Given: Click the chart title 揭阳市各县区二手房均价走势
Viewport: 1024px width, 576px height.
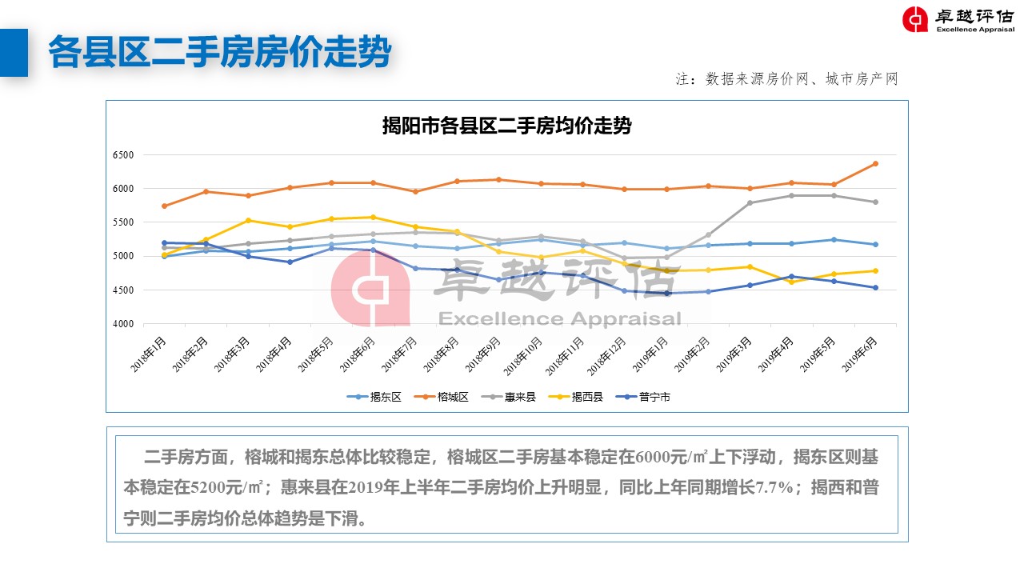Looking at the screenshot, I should (x=506, y=126).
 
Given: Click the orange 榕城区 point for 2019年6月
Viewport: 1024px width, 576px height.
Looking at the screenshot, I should (x=875, y=164).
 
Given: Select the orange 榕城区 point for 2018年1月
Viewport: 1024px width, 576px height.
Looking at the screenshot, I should (x=164, y=206).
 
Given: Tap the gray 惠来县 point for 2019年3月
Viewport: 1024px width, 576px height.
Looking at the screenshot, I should (x=750, y=203).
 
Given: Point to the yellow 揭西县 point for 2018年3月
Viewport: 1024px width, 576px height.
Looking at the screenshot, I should (x=248, y=221).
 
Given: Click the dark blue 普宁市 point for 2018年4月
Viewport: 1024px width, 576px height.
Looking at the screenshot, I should (x=290, y=262).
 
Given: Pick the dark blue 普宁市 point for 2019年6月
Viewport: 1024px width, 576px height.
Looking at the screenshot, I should (x=875, y=288).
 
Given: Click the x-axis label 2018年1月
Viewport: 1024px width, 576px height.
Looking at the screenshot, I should (x=150, y=352).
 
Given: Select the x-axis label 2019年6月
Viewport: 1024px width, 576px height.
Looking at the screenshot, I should (x=862, y=352).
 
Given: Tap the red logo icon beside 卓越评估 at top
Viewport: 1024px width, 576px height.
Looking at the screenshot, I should (x=915, y=19).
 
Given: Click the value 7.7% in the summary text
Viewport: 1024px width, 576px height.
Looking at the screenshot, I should (x=774, y=487).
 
